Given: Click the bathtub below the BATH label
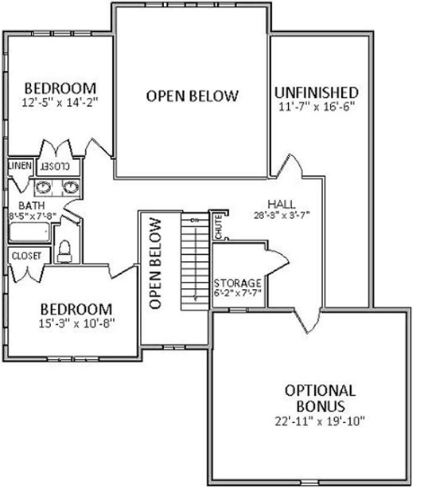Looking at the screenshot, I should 29,233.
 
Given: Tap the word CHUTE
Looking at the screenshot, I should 216,226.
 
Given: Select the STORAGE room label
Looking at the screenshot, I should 238,284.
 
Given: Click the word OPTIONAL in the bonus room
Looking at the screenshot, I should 319,390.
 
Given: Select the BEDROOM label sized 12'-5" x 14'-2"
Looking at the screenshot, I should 60,87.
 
